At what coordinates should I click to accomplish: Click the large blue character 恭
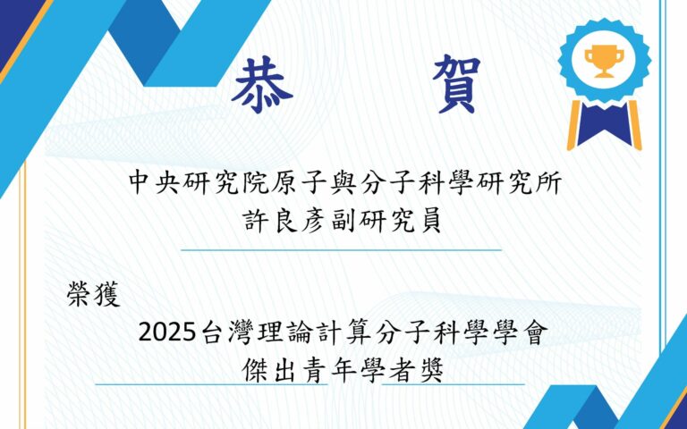(262, 85)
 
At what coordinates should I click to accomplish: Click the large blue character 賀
(456, 85)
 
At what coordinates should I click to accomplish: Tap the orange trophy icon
(604, 62)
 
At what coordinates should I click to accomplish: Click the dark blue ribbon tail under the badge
(605, 125)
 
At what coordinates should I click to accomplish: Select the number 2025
(166, 333)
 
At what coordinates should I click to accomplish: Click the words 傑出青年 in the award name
(314, 371)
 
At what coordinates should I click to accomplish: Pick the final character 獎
(431, 371)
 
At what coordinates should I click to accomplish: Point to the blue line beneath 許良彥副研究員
(341, 250)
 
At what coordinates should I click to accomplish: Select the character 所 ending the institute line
(550, 183)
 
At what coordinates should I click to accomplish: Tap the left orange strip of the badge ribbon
(574, 126)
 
